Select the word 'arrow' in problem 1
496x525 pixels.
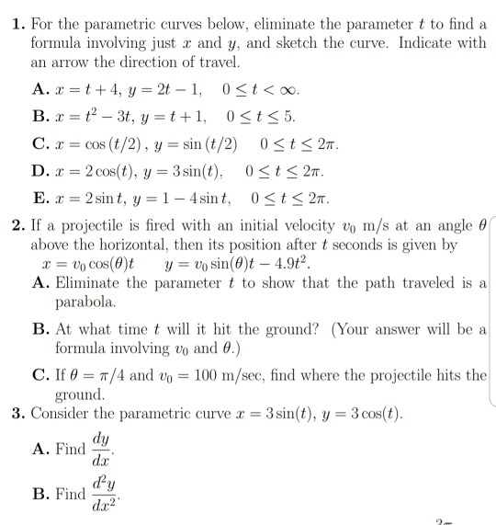click(76, 63)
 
